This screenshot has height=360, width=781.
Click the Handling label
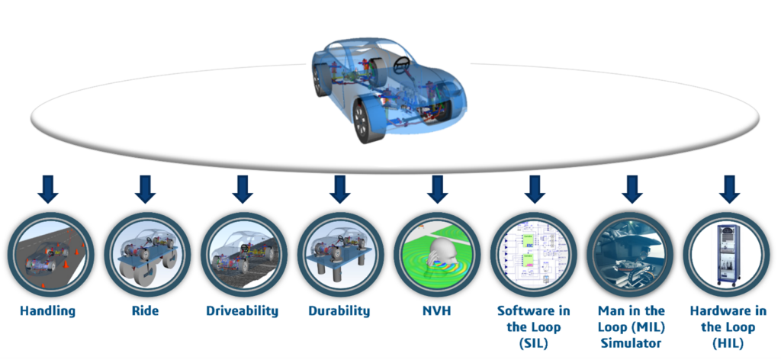[x=48, y=311]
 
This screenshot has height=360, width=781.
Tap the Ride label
[x=145, y=311]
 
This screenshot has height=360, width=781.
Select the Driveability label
[x=242, y=311]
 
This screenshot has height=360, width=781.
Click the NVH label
[x=436, y=311]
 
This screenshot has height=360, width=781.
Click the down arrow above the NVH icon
[x=436, y=188]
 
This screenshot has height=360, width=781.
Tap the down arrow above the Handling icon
[x=48, y=188]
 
